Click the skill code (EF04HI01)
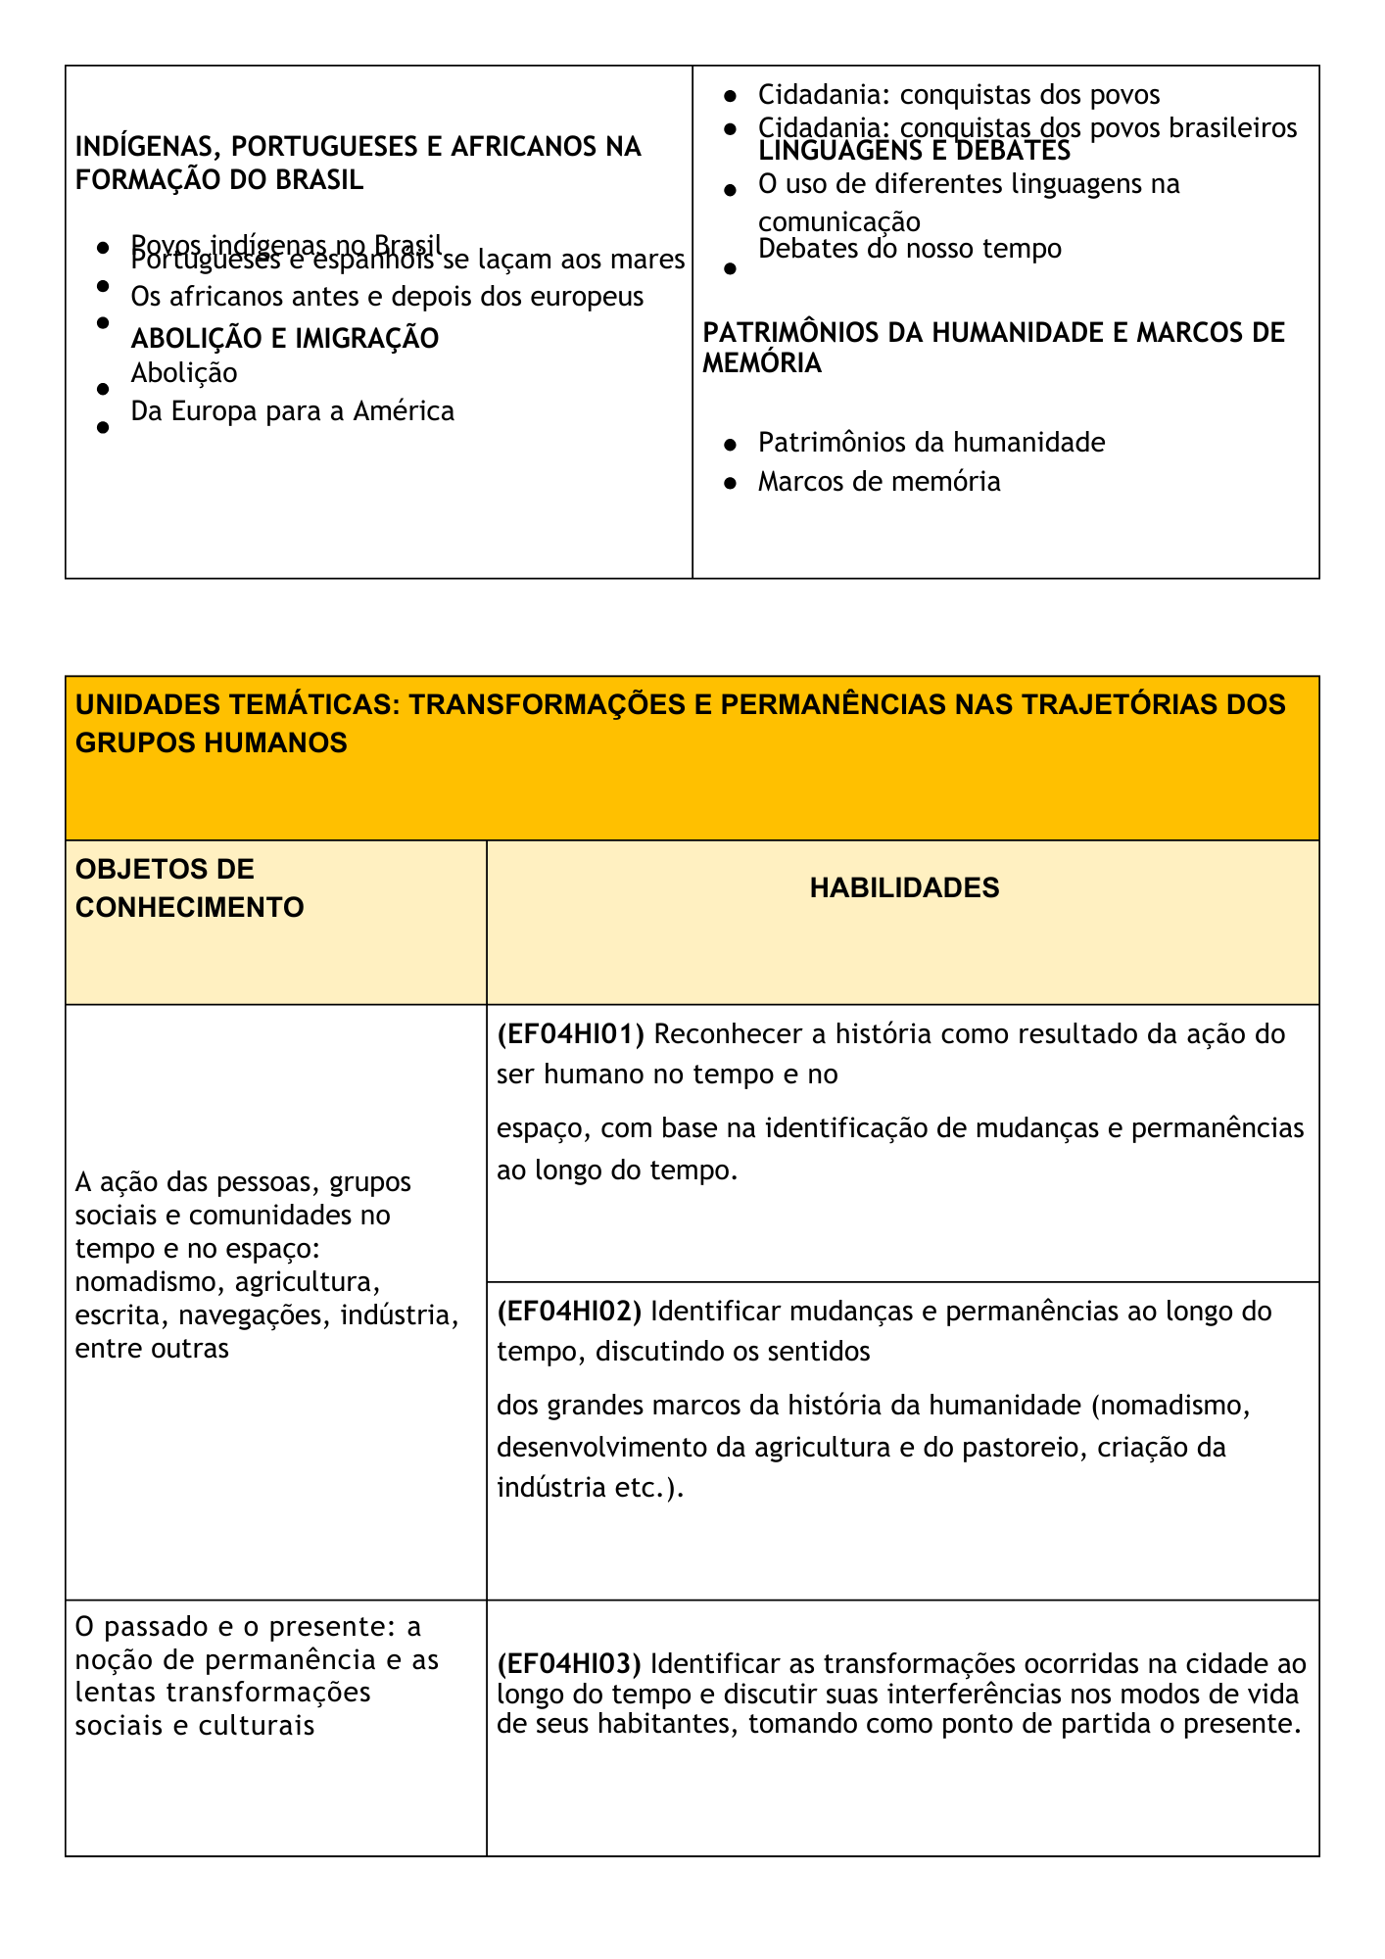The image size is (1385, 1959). pos(569,1034)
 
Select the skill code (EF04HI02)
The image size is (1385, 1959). pos(569,1311)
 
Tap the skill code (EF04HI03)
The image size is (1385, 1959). pos(569,1663)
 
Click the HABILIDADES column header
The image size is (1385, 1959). pos(904,887)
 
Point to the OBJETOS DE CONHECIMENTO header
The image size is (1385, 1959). pos(189,887)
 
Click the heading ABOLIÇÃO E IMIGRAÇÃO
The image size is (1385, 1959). pos(285,339)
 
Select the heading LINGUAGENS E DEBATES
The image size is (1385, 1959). pos(914,152)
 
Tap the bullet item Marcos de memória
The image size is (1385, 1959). pos(879,482)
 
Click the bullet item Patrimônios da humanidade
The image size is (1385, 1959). pos(931,443)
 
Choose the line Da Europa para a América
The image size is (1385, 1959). pos(292,411)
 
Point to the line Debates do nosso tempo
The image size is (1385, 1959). pos(909,249)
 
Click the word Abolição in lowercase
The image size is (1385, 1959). pos(184,373)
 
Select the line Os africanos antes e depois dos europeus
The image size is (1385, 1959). pos(387,296)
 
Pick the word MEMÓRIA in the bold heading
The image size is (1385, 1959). pos(762,363)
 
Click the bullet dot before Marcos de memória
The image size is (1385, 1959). pos(730,484)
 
